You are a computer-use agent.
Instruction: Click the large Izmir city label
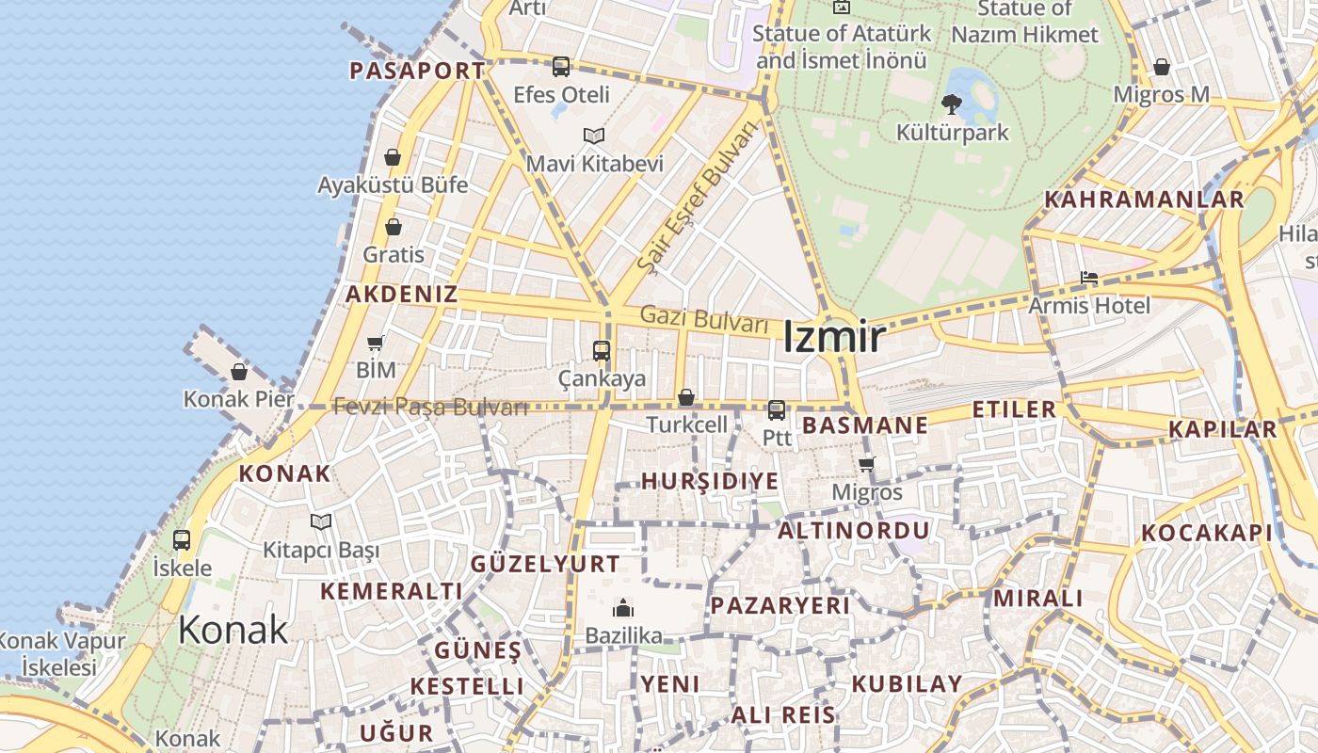click(834, 337)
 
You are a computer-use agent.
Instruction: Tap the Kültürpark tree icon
click(951, 104)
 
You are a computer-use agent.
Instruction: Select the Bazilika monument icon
click(622, 609)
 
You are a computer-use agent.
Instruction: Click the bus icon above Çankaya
click(602, 351)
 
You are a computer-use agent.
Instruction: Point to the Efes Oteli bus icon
click(561, 67)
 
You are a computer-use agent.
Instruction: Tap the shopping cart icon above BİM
click(376, 343)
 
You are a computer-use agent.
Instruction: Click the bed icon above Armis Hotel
click(1089, 279)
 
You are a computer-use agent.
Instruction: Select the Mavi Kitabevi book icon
click(593, 136)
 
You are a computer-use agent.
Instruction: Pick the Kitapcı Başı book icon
click(321, 521)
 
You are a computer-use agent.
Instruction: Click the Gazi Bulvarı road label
click(704, 319)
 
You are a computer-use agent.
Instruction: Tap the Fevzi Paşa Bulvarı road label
click(430, 408)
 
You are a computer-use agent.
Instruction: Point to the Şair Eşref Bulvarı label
click(697, 200)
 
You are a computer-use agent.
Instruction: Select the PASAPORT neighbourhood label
click(417, 71)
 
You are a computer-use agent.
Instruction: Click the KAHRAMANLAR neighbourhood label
click(1144, 200)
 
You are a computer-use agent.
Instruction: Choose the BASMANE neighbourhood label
click(864, 425)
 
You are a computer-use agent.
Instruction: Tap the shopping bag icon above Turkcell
click(686, 398)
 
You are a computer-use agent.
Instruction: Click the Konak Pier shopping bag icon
click(239, 372)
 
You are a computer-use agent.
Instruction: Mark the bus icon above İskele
click(182, 540)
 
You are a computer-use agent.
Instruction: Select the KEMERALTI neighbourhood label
click(391, 591)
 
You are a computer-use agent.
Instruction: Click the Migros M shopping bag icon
click(1161, 68)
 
